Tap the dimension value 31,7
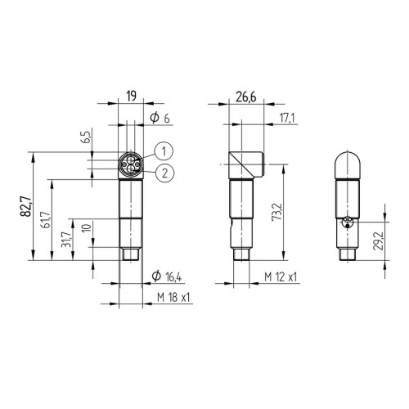point(66,242)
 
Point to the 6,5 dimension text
point(84,137)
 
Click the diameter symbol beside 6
point(155,119)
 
